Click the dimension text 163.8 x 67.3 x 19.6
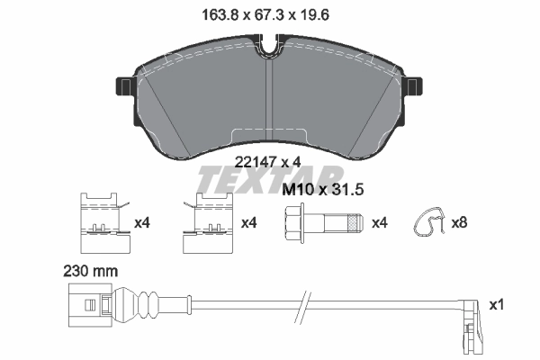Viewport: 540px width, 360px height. tap(270, 13)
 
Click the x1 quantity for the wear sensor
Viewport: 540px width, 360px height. tap(495, 305)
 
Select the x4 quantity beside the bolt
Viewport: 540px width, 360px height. tap(380, 222)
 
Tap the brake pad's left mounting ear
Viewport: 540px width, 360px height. tap(123, 88)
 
